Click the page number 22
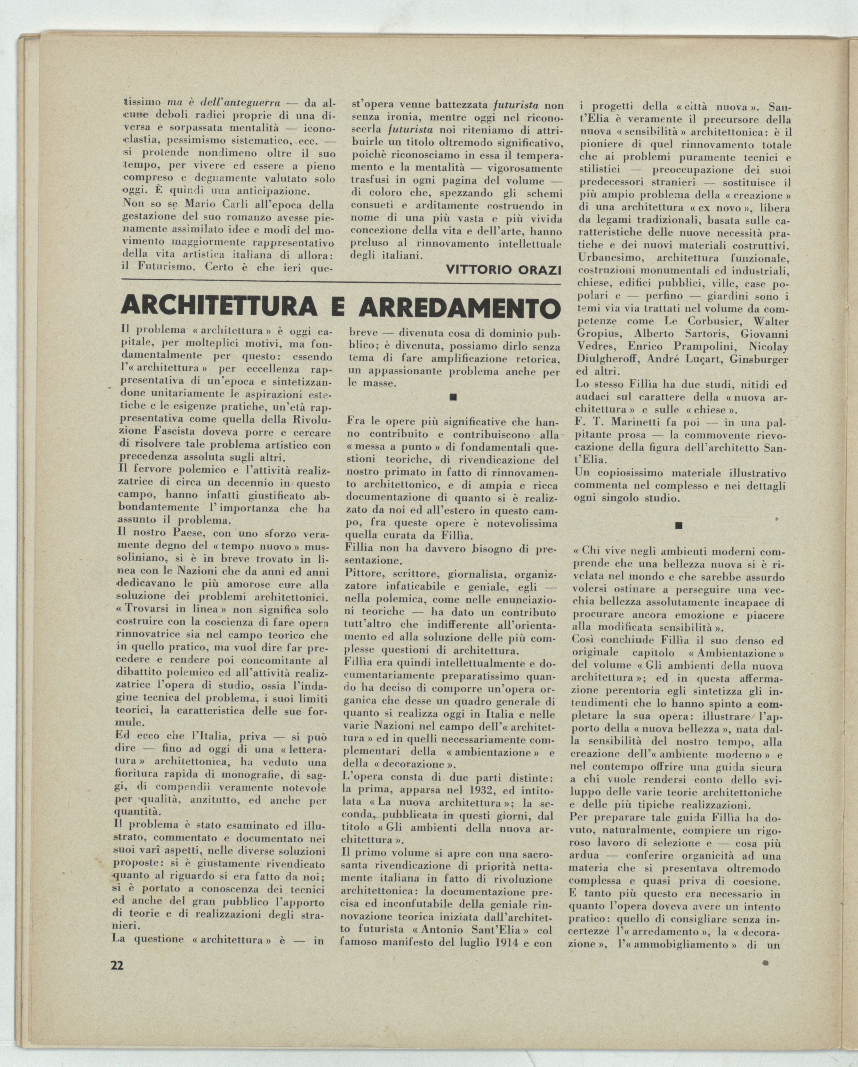[117, 966]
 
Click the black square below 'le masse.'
[453, 397]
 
